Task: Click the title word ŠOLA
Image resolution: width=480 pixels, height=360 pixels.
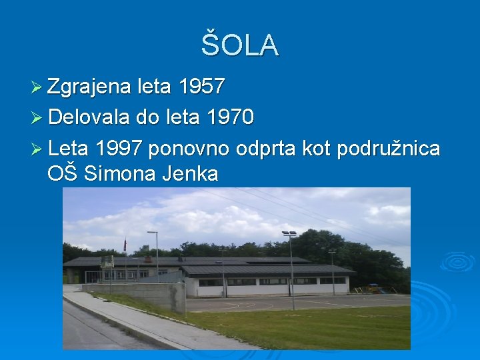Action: tap(240, 45)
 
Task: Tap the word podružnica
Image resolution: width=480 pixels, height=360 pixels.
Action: tap(389, 148)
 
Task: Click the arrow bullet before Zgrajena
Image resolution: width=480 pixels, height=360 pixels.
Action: tap(37, 87)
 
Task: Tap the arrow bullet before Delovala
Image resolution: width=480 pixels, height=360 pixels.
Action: tap(37, 119)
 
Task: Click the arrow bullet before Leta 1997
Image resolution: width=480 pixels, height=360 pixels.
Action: tap(37, 149)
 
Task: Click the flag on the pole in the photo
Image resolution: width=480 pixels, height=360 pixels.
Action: tap(125, 245)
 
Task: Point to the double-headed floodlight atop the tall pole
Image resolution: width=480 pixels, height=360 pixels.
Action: tap(289, 234)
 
